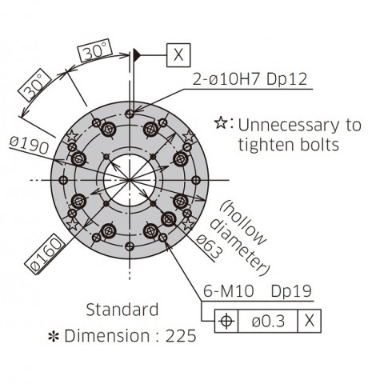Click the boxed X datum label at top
pyautogui.click(x=178, y=55)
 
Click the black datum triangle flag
pyautogui.click(x=137, y=55)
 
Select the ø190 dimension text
pyautogui.click(x=30, y=146)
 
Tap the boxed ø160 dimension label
pyautogui.click(x=45, y=254)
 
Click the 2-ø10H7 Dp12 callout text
pyautogui.click(x=250, y=79)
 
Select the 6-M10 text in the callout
pyautogui.click(x=229, y=291)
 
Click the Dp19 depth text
pyautogui.click(x=291, y=291)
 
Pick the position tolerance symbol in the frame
pyautogui.click(x=226, y=321)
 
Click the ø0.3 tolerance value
pyautogui.click(x=268, y=321)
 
